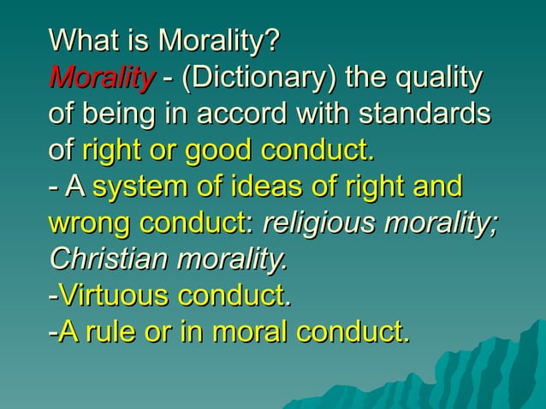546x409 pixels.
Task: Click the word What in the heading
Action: (x=80, y=40)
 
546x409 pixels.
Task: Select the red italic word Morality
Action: (x=102, y=78)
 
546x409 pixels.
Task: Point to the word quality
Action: (x=437, y=78)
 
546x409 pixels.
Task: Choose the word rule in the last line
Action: (x=111, y=332)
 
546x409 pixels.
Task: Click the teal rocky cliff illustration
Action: (x=479, y=368)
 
